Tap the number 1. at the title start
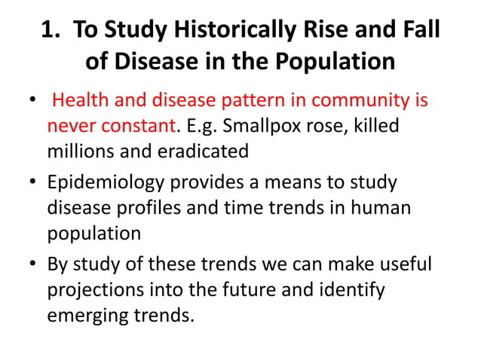51,32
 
